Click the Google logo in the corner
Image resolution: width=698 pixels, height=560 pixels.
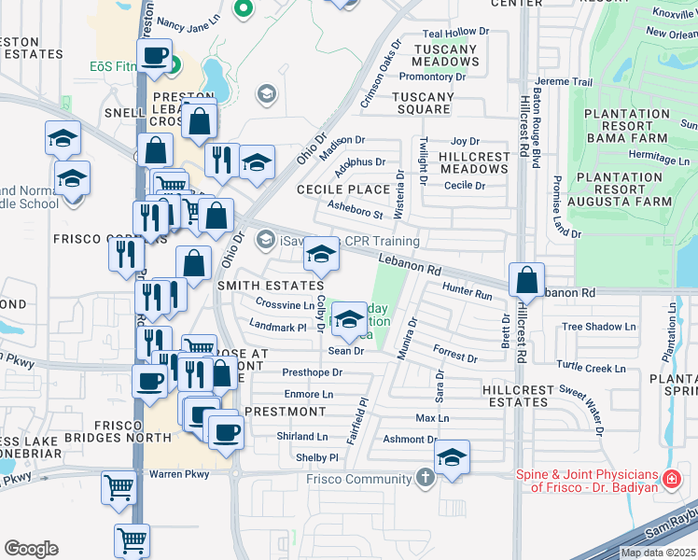pos(31,549)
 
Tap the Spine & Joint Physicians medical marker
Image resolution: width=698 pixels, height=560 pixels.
pos(671,480)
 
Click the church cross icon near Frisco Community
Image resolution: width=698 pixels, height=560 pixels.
pos(426,479)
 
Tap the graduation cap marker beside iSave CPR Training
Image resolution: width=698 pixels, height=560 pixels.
pos(320,254)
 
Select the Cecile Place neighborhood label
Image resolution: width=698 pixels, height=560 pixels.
pos(342,189)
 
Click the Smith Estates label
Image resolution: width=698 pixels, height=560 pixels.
pos(258,287)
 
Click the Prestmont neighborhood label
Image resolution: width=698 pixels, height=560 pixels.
pos(285,412)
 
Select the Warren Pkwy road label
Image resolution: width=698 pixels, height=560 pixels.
pos(178,474)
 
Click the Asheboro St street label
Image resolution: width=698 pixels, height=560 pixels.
pos(355,210)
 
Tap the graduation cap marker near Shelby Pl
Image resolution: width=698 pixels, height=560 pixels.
pos(453,458)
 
